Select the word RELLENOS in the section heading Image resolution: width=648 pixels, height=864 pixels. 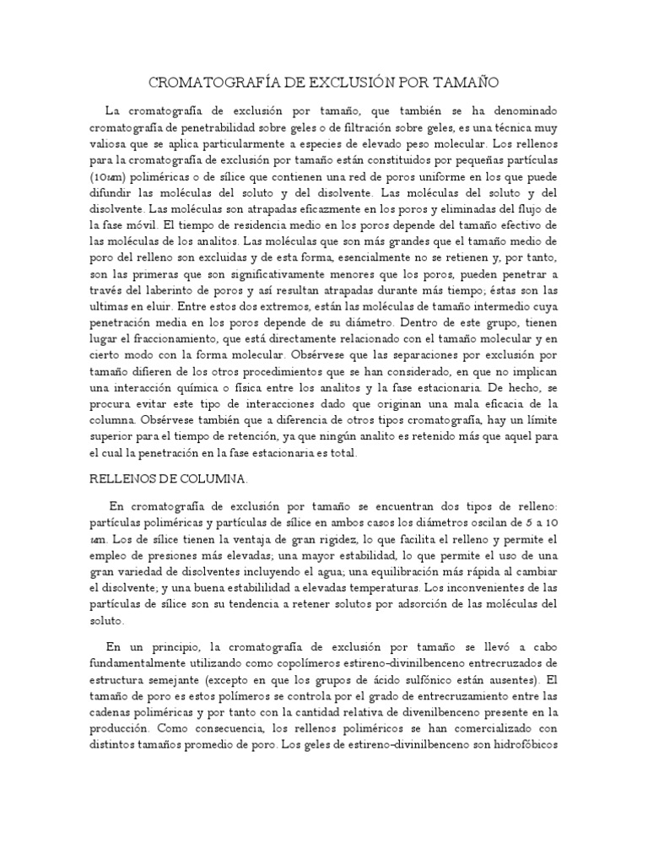(x=122, y=478)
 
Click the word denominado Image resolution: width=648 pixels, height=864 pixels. (x=520, y=112)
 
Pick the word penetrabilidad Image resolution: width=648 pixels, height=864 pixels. (x=220, y=128)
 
